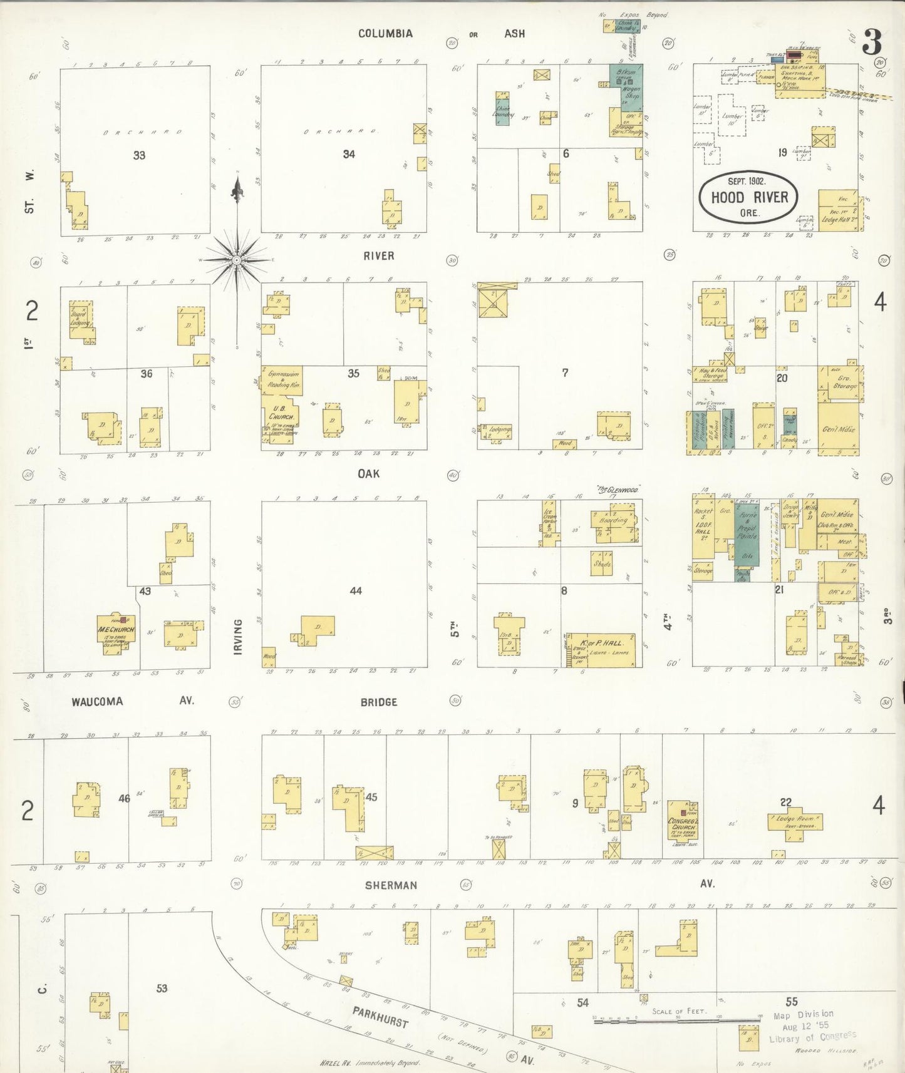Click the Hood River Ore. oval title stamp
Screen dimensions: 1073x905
click(x=748, y=197)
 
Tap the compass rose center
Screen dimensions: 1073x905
click(x=237, y=259)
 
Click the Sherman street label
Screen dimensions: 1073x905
click(x=391, y=885)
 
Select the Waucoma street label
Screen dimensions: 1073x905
click(x=97, y=701)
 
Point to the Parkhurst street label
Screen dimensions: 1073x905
click(x=380, y=1017)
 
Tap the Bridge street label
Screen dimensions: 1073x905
click(x=378, y=702)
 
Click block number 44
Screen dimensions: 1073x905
click(x=356, y=590)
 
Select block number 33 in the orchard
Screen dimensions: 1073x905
click(x=139, y=155)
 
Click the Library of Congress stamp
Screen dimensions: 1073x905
click(x=808, y=1027)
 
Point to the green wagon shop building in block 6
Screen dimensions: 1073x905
click(x=627, y=86)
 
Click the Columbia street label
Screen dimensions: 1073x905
click(x=385, y=33)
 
